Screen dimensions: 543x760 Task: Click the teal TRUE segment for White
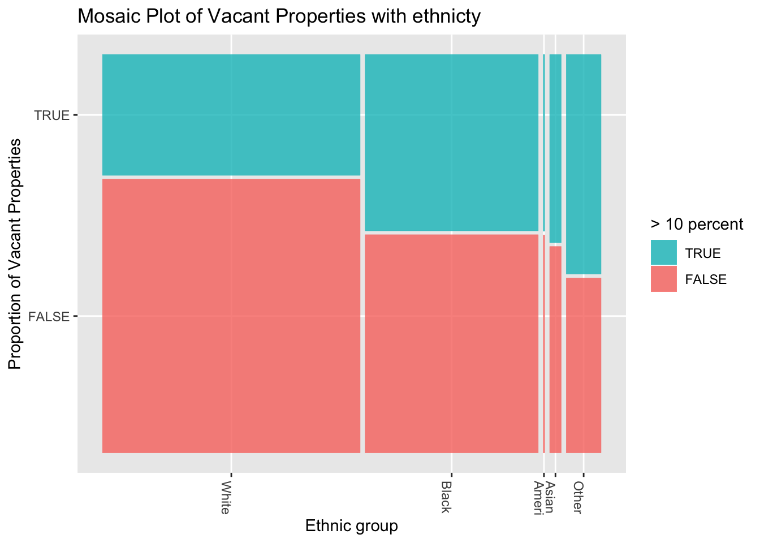(231, 115)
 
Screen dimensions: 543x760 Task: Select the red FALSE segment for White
(231, 316)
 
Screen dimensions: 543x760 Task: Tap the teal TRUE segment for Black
(451, 143)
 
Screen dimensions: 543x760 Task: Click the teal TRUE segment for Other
(583, 164)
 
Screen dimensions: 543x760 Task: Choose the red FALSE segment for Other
(583, 365)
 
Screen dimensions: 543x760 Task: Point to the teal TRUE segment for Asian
(555, 148)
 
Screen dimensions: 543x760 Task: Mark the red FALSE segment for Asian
(555, 349)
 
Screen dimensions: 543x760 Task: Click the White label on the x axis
(226, 498)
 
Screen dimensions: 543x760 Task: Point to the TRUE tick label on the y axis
(51, 115)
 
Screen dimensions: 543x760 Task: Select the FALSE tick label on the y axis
(49, 316)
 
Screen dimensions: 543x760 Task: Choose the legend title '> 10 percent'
(696, 225)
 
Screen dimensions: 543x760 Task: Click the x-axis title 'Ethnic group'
(351, 526)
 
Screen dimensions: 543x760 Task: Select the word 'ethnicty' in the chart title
(446, 16)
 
